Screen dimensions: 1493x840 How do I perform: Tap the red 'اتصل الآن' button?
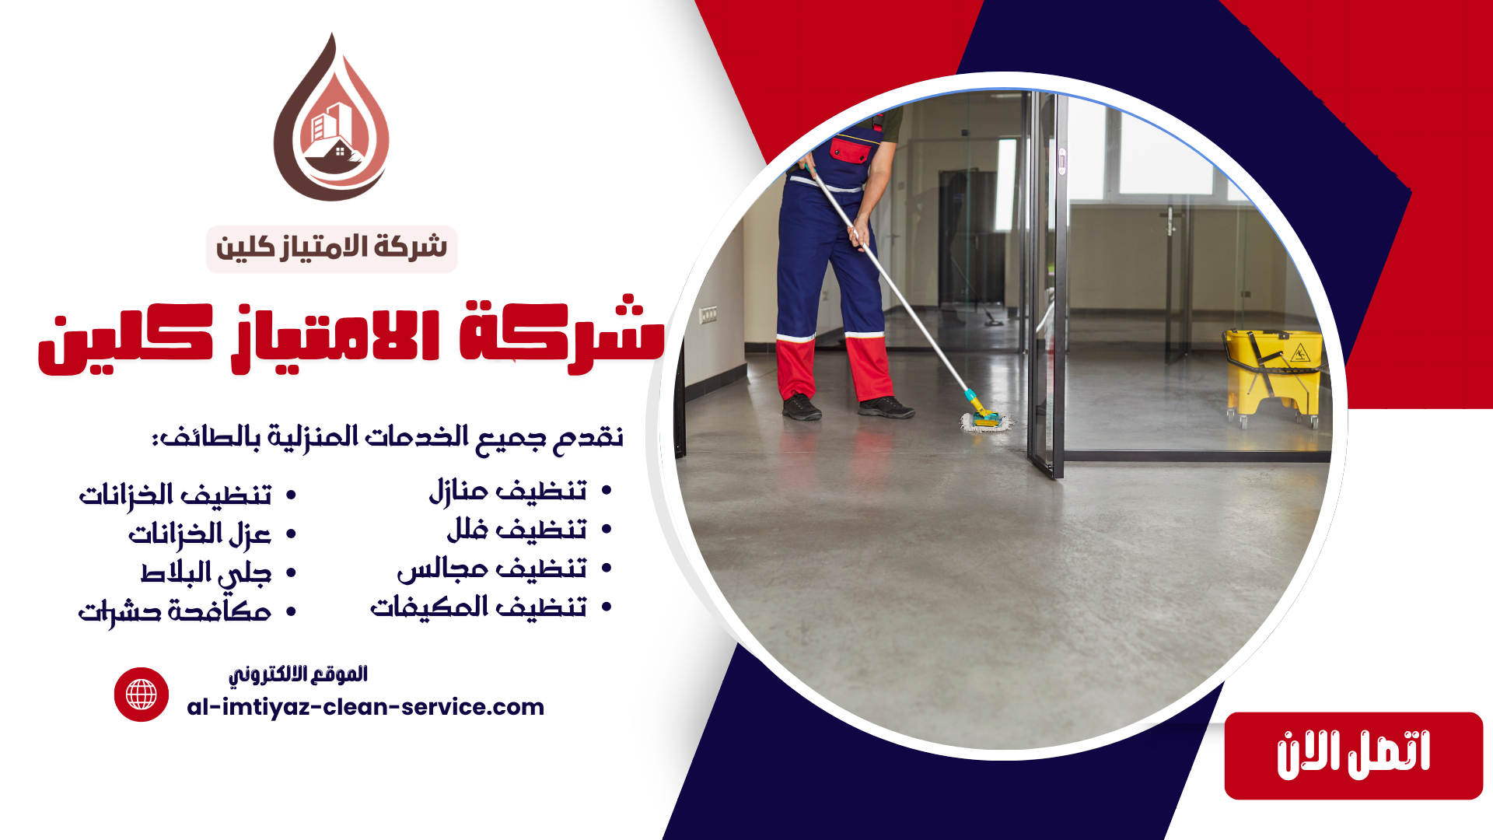point(1353,755)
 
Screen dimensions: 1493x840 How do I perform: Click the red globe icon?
point(142,695)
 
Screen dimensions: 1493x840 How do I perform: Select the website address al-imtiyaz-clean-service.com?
point(365,707)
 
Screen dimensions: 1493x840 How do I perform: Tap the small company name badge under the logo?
point(331,249)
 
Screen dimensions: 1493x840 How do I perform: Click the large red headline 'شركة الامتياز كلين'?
point(351,336)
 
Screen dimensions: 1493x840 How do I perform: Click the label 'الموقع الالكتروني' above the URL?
point(298,674)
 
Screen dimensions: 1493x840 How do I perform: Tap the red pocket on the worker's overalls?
point(850,150)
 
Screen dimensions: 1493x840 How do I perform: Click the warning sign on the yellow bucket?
point(1299,355)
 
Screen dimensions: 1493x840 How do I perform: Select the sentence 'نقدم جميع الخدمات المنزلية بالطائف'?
point(387,437)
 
